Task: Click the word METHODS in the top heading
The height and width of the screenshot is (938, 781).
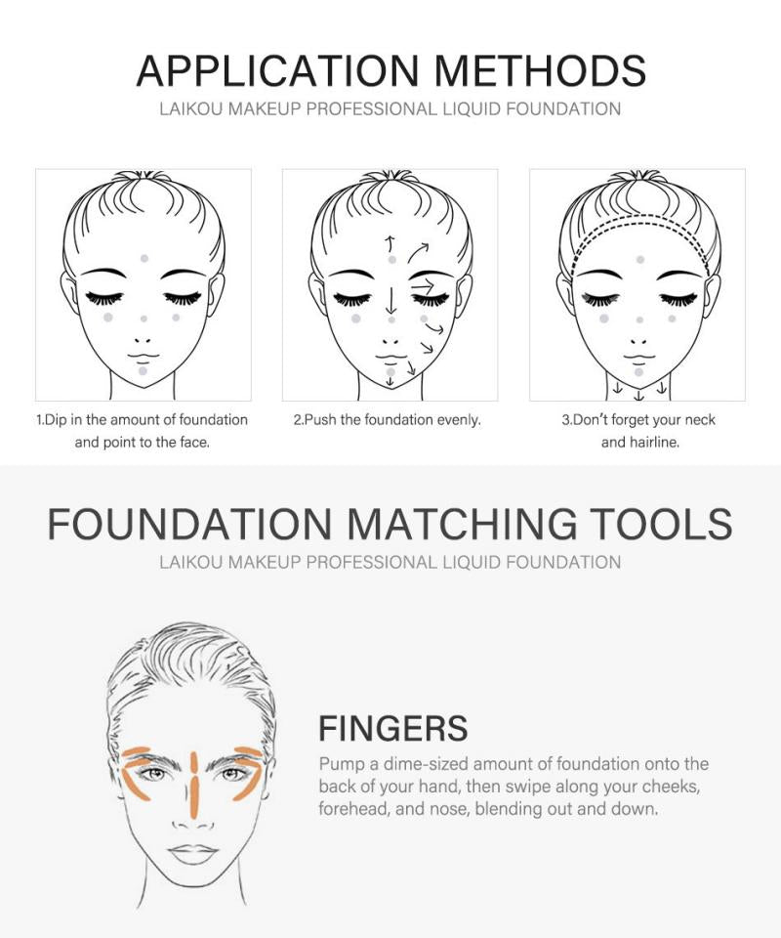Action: point(540,70)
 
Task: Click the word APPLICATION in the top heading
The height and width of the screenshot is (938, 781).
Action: point(278,70)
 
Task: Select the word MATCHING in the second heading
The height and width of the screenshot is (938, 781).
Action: point(463,524)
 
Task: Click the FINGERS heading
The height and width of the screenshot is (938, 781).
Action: point(392,728)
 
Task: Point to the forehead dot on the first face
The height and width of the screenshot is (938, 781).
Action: point(144,258)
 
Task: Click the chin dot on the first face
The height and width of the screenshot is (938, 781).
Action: point(143,371)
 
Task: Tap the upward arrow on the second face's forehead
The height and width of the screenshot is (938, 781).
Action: point(390,243)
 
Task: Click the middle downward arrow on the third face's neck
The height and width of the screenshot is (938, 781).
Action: point(639,395)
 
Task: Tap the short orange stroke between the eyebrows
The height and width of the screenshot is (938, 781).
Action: point(193,761)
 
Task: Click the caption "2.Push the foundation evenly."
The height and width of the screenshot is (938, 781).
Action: point(387,420)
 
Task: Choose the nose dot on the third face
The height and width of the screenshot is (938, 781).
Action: point(639,320)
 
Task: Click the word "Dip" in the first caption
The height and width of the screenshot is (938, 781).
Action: point(57,420)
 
